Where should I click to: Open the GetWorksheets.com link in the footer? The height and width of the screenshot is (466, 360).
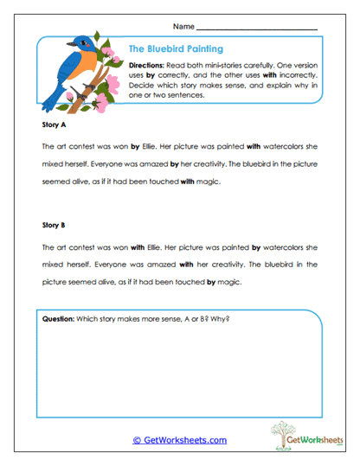point(179,440)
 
